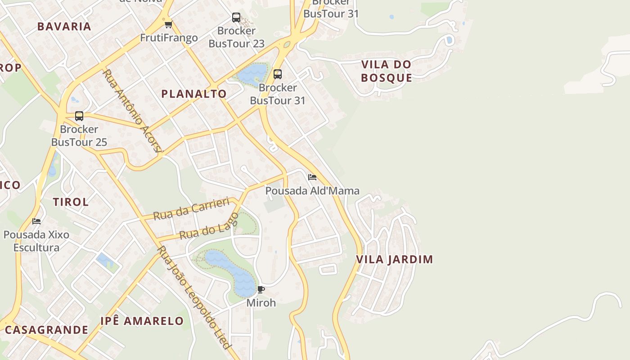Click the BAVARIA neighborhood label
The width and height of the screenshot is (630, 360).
click(64, 26)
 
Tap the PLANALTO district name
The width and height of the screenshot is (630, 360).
click(194, 94)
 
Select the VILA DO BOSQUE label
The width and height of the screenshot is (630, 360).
click(387, 71)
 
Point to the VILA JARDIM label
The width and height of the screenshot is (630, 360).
click(395, 259)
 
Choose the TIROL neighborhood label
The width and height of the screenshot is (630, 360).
click(71, 202)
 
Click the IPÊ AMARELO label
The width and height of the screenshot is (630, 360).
click(142, 321)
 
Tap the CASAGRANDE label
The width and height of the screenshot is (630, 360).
click(46, 330)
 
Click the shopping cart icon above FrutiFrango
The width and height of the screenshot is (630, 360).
click(168, 24)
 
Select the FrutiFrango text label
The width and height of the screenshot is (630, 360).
click(169, 38)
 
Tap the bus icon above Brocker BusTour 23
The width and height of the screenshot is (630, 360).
click(236, 18)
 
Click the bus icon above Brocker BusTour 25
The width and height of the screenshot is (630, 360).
click(79, 116)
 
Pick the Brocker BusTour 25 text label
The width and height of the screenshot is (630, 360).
click(79, 136)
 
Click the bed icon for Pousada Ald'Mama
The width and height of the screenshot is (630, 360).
click(312, 177)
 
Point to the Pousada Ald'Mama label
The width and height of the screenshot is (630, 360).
click(312, 191)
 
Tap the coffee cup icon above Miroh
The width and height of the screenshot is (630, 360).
click(261, 289)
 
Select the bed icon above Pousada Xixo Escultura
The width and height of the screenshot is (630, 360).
click(36, 221)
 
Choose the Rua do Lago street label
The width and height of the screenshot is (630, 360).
click(209, 227)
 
